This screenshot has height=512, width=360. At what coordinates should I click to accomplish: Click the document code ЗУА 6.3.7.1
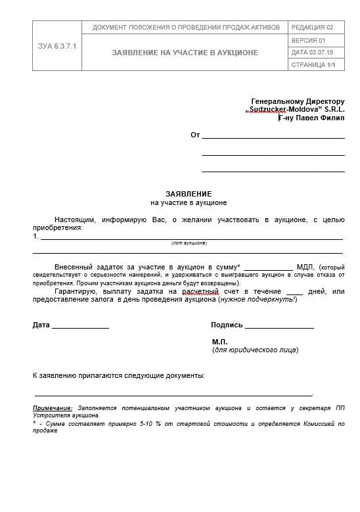pos(57,46)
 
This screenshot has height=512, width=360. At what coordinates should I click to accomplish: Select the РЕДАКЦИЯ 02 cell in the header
pos(312,28)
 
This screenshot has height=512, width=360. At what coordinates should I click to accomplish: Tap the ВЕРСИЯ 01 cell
pos(308,41)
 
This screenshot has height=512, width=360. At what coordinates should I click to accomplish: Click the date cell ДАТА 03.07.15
pos(311,53)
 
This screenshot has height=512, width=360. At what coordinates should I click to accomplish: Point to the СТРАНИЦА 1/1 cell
pos(313,65)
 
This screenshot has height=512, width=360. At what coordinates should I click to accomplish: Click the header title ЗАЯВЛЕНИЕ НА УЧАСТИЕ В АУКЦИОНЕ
pos(185,53)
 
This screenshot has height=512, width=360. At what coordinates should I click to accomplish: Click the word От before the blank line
pos(194,135)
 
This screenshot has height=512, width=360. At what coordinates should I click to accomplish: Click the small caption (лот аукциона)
pos(189,243)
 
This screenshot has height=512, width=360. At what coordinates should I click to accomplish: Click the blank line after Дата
pos(80,325)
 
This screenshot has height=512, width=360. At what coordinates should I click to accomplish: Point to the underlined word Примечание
pos(53,408)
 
